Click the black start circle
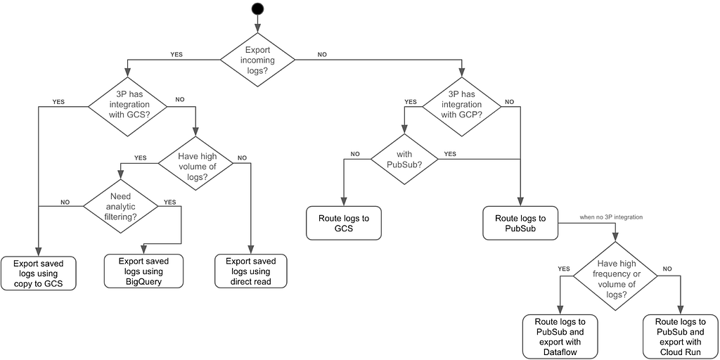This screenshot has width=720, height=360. (x=257, y=8)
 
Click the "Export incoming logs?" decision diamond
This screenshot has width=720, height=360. (x=257, y=59)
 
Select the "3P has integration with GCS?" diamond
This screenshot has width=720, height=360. (x=127, y=107)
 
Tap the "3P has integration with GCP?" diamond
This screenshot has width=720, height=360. (x=461, y=107)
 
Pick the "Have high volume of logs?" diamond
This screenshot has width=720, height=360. (x=196, y=163)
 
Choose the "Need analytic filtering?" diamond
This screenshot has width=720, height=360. (x=120, y=206)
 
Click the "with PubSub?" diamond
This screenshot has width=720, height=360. (x=404, y=159)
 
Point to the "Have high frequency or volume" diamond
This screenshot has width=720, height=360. (x=616, y=276)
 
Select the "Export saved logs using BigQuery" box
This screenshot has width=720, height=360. (x=143, y=271)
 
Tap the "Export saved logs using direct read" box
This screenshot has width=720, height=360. (x=251, y=271)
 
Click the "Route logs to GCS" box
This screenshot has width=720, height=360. (x=344, y=223)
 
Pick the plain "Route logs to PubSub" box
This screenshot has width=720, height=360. (x=520, y=223)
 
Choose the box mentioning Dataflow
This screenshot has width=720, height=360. (x=560, y=337)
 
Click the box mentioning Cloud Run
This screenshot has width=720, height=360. (x=681, y=337)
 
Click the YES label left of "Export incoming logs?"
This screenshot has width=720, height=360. (x=176, y=54)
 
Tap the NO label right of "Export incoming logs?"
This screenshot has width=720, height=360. (x=322, y=54)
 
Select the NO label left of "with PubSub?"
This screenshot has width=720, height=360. (x=355, y=155)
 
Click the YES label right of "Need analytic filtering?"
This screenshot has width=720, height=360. (x=170, y=202)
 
